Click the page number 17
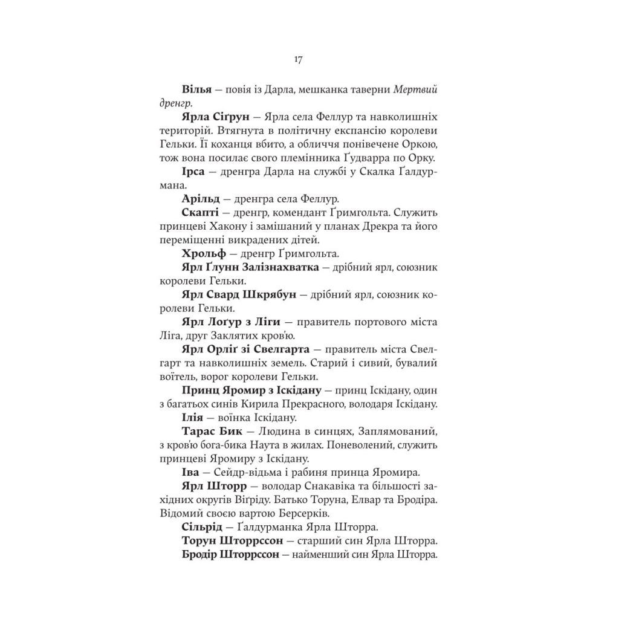click(x=298, y=59)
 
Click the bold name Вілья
click(x=196, y=89)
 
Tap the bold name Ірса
click(x=194, y=172)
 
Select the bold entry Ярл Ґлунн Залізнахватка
click(x=250, y=267)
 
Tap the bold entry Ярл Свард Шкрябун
click(x=239, y=295)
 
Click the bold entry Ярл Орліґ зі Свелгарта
click(x=245, y=350)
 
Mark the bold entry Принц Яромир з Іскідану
click(x=251, y=391)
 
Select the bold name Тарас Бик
click(x=212, y=432)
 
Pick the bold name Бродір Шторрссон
click(x=230, y=554)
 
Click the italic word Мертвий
click(x=415, y=89)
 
